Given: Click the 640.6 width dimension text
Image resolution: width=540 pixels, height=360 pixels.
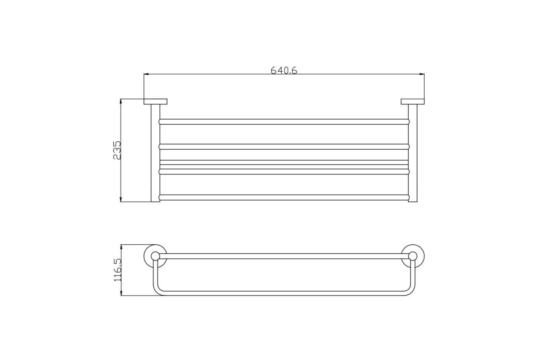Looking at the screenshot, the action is (284, 70).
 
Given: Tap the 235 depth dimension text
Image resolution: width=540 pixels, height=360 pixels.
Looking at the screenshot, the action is (117, 150).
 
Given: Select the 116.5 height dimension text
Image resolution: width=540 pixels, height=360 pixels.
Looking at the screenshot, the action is (117, 270).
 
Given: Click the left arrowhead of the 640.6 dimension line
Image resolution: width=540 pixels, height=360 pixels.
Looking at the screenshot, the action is (146, 74).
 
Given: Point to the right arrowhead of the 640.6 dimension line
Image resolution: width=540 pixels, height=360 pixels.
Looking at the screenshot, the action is (422, 74).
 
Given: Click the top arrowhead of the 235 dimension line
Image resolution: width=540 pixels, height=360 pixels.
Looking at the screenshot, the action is (121, 101).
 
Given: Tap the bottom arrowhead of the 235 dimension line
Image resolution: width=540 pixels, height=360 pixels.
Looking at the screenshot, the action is (121, 199).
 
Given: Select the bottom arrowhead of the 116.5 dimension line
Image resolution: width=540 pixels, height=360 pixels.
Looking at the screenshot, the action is (121, 293).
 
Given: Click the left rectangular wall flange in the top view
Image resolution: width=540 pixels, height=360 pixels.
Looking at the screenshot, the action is (156, 102).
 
